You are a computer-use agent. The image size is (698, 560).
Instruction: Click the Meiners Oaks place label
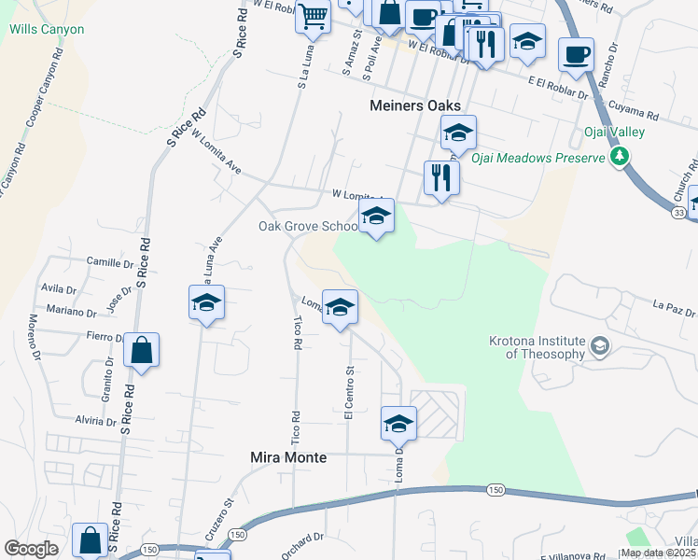[x=415, y=105]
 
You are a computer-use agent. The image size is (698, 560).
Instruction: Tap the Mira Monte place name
[x=289, y=457]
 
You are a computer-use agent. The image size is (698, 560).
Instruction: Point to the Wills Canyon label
[x=47, y=29]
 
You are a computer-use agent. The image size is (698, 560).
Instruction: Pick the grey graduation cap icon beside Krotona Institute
[x=599, y=347]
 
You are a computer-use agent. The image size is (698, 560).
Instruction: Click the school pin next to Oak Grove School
[x=375, y=217]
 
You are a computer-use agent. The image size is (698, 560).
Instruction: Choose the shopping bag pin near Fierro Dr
[x=141, y=351]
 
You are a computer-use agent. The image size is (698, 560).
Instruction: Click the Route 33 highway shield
[x=677, y=214]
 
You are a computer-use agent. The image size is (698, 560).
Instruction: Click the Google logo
[x=31, y=549]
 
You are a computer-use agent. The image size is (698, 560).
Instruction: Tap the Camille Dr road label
[x=105, y=263]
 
